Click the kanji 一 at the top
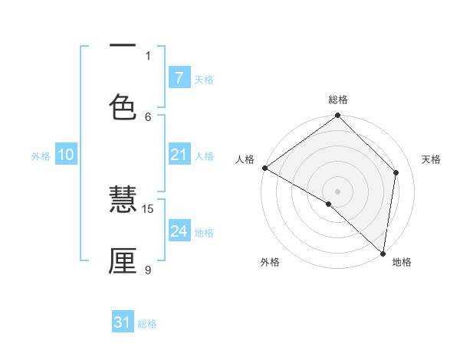coord(123,46)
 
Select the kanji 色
coord(123,106)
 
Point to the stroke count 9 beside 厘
coord(148,269)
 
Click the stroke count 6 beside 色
coord(148,116)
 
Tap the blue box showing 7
coord(179,77)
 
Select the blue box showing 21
coord(179,155)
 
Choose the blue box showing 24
coord(179,231)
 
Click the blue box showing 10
coord(66,155)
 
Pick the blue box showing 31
coord(123,322)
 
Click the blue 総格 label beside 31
coord(147,324)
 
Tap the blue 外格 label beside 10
coord(41,156)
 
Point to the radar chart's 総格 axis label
coord(338,100)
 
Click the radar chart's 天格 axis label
coord(432,159)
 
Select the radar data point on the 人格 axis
coord(264,168)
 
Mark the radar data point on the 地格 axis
coord(383,254)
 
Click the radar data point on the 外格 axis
coord(329,204)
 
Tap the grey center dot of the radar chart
coord(338,191)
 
